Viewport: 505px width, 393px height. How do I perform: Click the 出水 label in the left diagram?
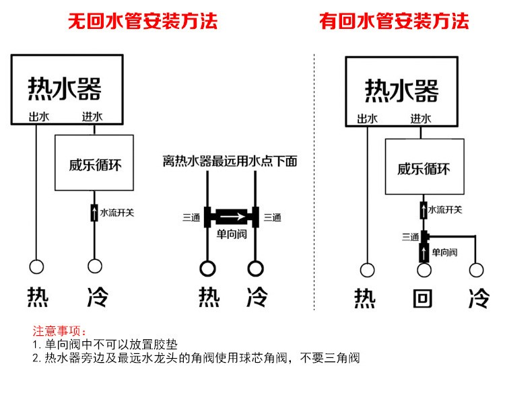[38, 116]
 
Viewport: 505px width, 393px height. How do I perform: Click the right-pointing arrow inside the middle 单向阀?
[230, 217]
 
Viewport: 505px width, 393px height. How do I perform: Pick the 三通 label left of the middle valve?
[191, 217]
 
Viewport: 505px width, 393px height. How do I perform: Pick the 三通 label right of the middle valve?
[272, 217]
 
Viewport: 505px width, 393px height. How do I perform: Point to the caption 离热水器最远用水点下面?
[230, 162]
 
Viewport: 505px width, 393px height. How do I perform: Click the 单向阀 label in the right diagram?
[444, 252]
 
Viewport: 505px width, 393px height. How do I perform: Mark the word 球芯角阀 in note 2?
[257, 357]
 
